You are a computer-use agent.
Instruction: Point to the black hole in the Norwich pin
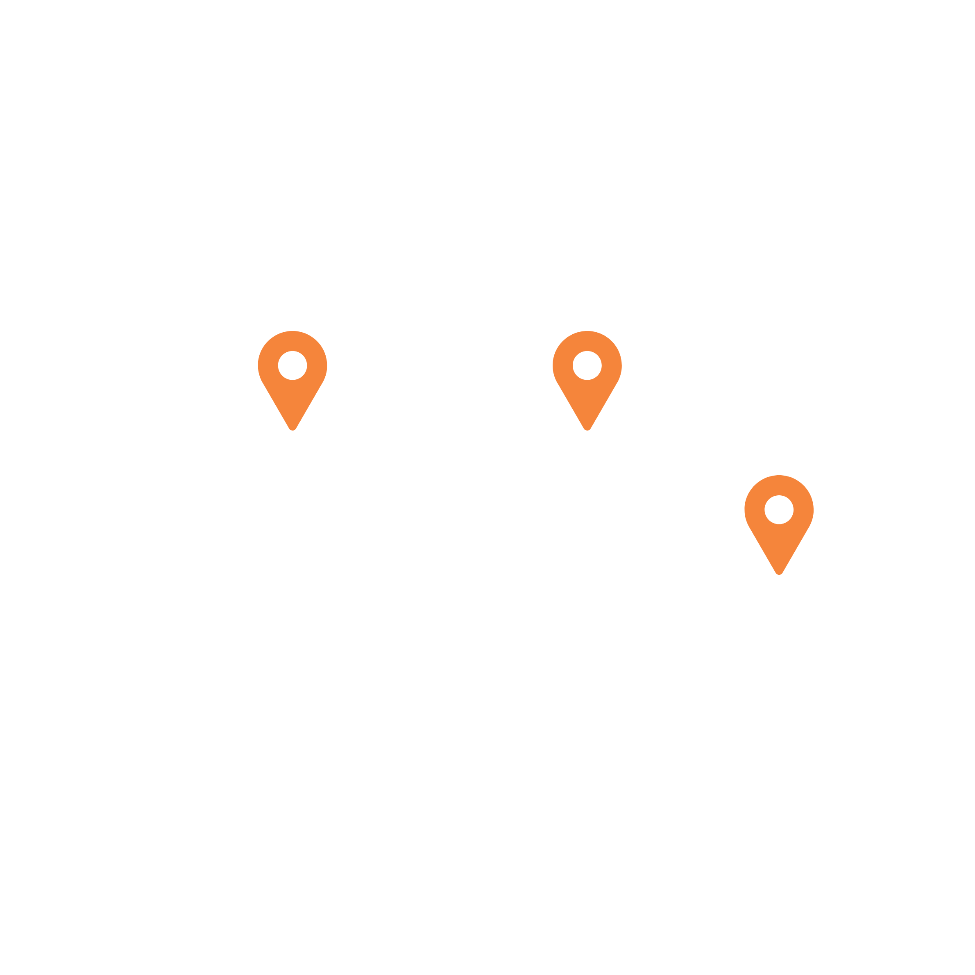click(x=292, y=365)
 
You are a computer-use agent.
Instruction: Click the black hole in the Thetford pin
click(x=587, y=365)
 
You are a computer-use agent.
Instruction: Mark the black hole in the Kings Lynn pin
click(x=779, y=509)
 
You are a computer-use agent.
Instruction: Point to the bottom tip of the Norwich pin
click(x=292, y=429)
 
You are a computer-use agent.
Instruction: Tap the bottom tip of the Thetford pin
click(x=587, y=429)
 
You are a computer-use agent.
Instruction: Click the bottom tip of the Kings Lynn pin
click(x=779, y=572)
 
